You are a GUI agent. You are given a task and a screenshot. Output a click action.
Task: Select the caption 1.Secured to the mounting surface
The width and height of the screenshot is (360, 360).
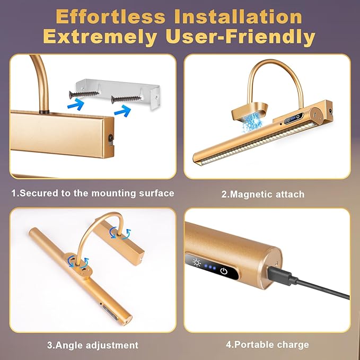[93, 194]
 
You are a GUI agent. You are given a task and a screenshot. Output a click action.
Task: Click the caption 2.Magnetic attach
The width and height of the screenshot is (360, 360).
[263, 195]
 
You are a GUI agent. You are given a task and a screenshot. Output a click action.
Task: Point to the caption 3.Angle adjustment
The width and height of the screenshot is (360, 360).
[93, 345]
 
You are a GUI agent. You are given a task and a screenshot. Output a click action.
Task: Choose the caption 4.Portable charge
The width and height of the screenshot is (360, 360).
[267, 345]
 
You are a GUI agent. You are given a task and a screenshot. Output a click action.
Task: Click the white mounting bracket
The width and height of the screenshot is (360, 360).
[120, 93]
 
